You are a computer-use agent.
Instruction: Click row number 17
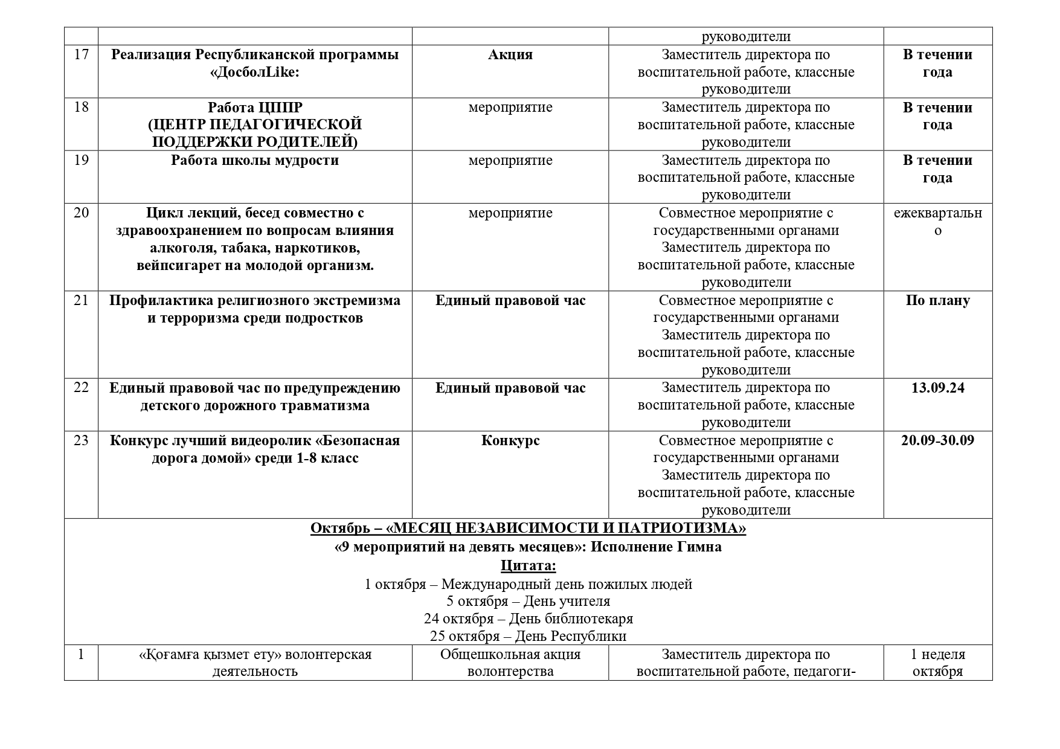[x=81, y=55]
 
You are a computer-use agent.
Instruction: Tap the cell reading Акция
[x=510, y=55]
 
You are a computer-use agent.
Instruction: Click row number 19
[x=81, y=160]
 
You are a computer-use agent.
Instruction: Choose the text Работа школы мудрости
[x=255, y=161]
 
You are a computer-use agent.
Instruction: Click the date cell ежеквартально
[x=937, y=222]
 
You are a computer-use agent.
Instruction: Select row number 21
[x=81, y=300]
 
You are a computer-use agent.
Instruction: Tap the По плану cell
[x=937, y=301]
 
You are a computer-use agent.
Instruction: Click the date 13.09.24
[x=937, y=388]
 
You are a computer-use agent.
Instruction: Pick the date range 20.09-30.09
[x=937, y=440]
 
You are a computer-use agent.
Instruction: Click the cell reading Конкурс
[x=510, y=441]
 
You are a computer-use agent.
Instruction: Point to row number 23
[x=81, y=440]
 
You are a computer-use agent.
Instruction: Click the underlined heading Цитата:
[x=528, y=566]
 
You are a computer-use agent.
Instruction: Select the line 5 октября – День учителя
[x=528, y=601]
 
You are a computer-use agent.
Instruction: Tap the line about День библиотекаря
[x=528, y=619]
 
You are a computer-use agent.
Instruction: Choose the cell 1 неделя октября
[x=937, y=663]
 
